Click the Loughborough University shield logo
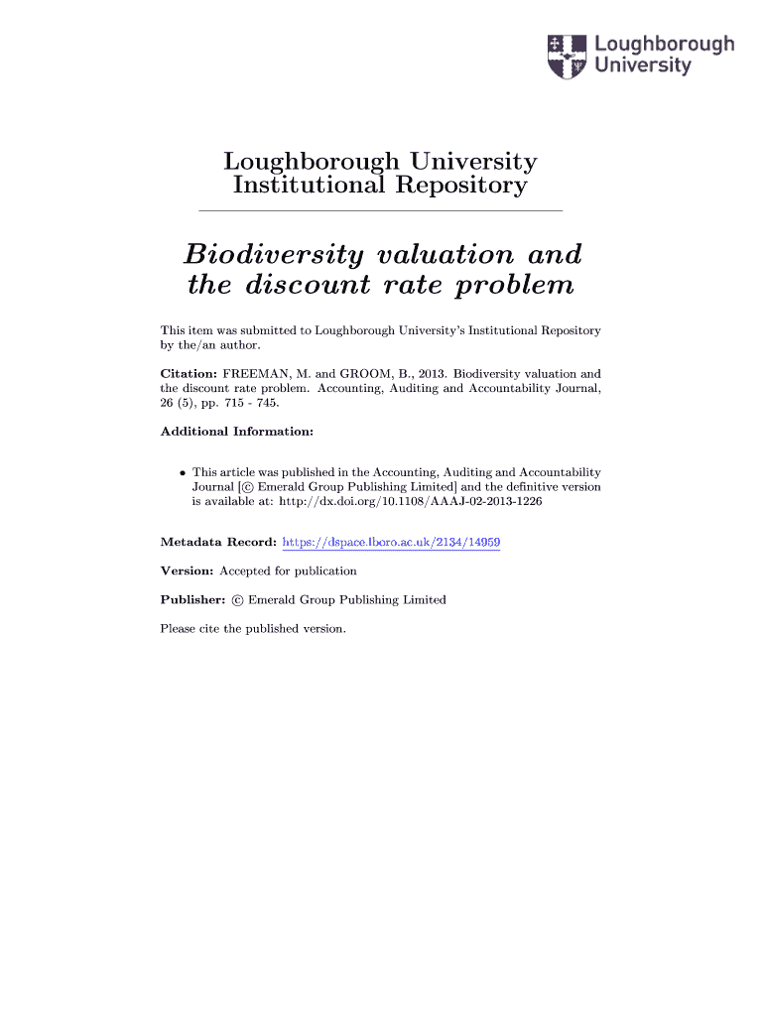point(568,56)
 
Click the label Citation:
point(188,374)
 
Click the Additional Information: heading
point(237,432)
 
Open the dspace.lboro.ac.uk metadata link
point(391,543)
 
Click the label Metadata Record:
point(218,543)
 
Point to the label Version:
point(187,571)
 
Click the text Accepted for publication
point(288,571)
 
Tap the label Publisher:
point(193,600)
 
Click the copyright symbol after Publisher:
point(237,600)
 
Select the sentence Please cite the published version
point(253,629)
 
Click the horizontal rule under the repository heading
point(381,211)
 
